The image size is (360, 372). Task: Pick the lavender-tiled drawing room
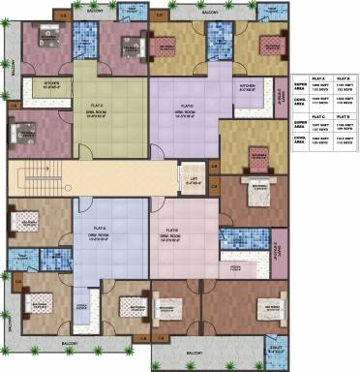[184, 113]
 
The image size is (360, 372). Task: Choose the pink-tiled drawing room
[177, 237]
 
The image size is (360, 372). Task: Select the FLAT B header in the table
[344, 78]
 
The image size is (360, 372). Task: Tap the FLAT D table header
[344, 116]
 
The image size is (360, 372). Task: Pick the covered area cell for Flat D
[344, 142]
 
